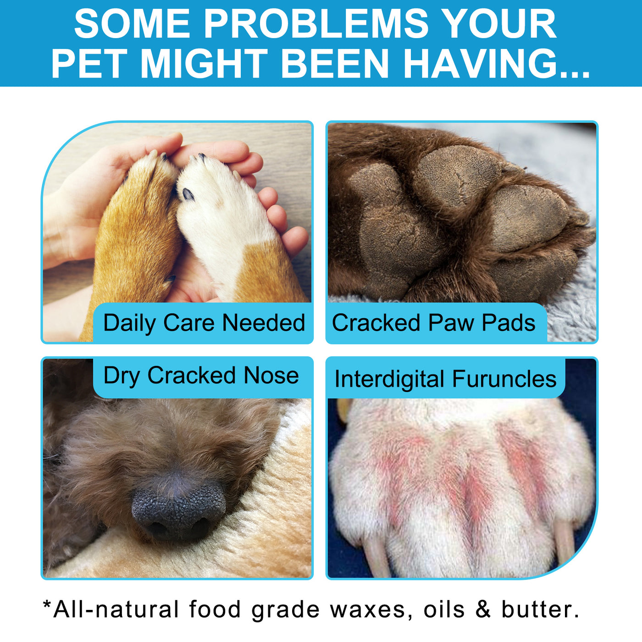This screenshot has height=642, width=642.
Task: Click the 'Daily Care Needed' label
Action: [204, 323]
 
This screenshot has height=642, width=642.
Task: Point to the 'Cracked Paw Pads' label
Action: [433, 323]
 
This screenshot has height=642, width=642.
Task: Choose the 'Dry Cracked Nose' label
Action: [201, 376]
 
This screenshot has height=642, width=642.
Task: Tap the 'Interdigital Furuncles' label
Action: [445, 379]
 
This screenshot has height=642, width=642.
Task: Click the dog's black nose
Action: [179, 509]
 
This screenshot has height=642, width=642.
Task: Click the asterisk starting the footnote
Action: [47, 604]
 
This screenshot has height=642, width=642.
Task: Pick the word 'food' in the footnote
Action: [215, 609]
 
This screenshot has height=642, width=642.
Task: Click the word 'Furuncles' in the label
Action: [504, 379]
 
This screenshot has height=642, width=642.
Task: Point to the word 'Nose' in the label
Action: [271, 376]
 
